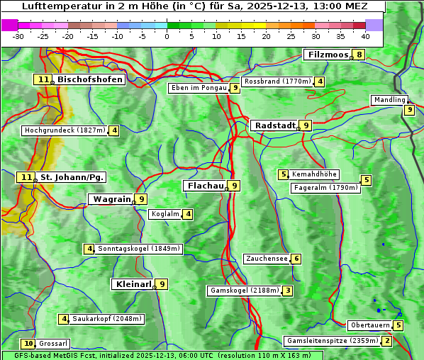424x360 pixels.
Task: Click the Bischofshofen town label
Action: (90, 80)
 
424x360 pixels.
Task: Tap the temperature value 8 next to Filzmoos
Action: (359, 55)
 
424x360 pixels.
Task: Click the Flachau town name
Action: (205, 186)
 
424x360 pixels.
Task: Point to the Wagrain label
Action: (111, 200)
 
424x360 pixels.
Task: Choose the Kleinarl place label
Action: (133, 284)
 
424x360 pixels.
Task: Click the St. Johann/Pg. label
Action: (72, 177)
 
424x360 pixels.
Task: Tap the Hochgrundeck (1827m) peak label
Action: (65, 130)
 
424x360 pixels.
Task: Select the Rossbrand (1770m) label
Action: (277, 81)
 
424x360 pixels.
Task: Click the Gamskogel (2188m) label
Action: (245, 291)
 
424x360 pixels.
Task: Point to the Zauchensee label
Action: (267, 259)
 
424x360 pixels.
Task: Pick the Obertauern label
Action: (370, 325)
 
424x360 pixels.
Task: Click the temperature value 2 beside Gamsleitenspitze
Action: (386, 341)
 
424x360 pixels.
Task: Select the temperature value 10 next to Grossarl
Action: (28, 344)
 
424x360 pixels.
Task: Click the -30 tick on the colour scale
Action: (18, 36)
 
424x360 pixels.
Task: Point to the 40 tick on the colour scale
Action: (365, 36)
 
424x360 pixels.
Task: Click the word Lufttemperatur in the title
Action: (57, 6)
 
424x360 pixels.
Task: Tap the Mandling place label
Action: (389, 100)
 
